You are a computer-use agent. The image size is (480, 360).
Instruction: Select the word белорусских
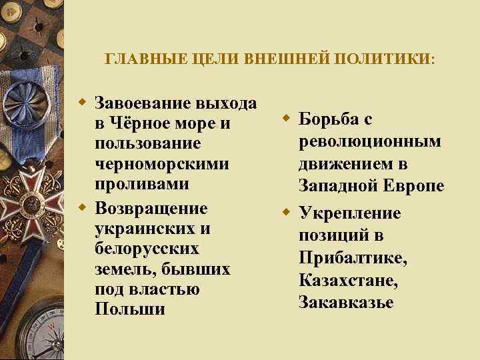147,249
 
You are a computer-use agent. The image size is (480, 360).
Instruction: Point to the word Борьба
327,121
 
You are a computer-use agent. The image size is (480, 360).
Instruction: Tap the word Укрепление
350,214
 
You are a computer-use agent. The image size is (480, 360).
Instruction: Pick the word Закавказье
347,301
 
